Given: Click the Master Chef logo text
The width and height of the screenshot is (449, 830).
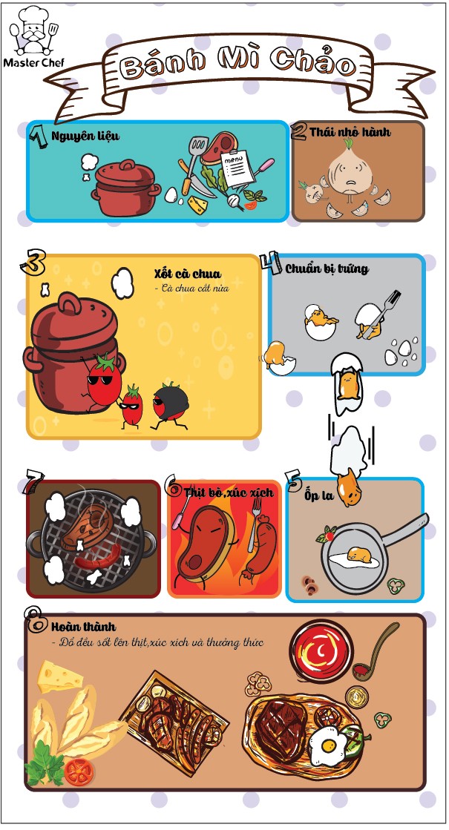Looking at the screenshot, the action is [x=33, y=62].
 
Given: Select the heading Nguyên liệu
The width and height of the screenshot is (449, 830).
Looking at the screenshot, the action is [x=85, y=136].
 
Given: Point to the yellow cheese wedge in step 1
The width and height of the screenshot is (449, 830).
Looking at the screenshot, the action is [x=197, y=204].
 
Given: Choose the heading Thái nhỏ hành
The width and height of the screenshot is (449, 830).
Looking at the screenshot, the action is [x=350, y=132].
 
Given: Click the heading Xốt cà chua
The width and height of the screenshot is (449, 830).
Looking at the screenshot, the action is [x=188, y=274].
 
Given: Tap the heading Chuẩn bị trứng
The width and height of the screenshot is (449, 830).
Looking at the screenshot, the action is [x=327, y=269].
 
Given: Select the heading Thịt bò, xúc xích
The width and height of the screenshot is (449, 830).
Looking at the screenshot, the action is [x=229, y=493].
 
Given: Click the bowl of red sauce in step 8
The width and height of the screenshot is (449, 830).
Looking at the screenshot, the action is [x=321, y=651].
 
